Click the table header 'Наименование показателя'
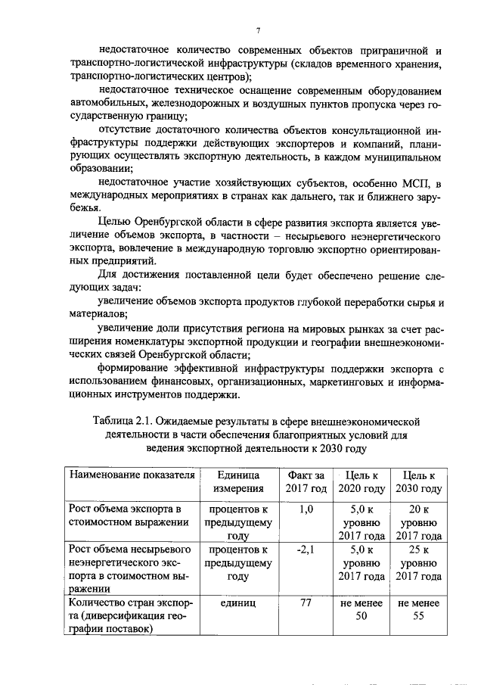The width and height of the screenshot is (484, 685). pos(132,475)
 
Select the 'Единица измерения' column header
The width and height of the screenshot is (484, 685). pos(237,481)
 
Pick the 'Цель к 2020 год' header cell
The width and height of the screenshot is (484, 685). pos(363,481)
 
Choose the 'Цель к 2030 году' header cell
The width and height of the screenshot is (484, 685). pos(420,481)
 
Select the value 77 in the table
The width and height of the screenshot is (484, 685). pos(306,603)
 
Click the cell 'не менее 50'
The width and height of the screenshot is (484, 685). pos(363,610)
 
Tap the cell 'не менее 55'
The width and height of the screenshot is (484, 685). pos(420,610)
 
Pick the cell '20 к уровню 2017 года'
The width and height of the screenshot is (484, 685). pos(420,522)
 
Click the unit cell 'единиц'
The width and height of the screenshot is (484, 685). pos(237,603)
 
